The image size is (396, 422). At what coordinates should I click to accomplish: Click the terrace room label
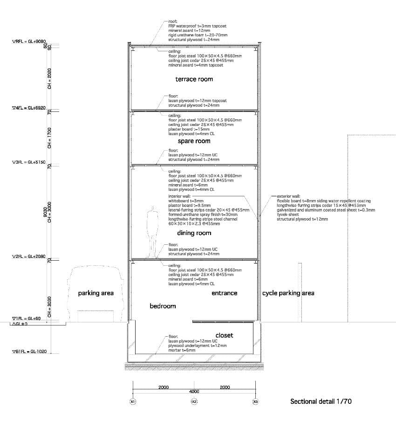pos(194,79)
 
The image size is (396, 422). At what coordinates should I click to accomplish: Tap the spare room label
pos(194,141)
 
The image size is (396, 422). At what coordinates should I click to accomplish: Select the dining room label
pos(194,233)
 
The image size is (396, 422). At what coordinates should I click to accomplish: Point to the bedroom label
pos(163,306)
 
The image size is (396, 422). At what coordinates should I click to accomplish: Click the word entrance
pos(224,293)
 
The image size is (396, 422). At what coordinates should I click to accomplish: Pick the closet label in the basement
pos(224,335)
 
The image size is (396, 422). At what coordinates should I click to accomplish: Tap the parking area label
pos(96,293)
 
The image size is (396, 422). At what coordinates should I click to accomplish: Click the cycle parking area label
pos(288,293)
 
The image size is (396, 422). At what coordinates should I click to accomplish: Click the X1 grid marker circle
pos(133,401)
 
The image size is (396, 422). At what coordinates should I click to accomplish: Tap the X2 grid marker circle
pos(194,401)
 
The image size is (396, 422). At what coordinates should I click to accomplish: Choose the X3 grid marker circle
pos(255,401)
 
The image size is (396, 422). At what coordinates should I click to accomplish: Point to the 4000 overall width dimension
pos(194,392)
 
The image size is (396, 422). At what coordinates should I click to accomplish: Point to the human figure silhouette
pos(152,232)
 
